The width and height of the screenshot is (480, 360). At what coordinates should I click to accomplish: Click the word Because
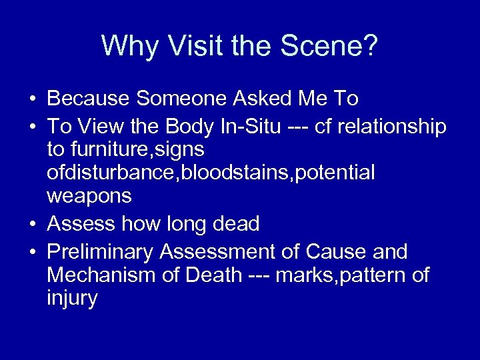[x=88, y=99]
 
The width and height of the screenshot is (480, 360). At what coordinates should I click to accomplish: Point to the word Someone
[x=183, y=99]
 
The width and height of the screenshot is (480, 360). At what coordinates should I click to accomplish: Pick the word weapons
[x=89, y=197]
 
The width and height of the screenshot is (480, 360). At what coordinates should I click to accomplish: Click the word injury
[x=72, y=298]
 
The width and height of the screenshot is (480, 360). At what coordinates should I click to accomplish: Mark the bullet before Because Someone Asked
[x=32, y=99]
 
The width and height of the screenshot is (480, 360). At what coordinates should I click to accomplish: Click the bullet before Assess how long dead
[x=32, y=225]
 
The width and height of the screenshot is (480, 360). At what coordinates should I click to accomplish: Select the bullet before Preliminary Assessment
[x=32, y=253]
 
